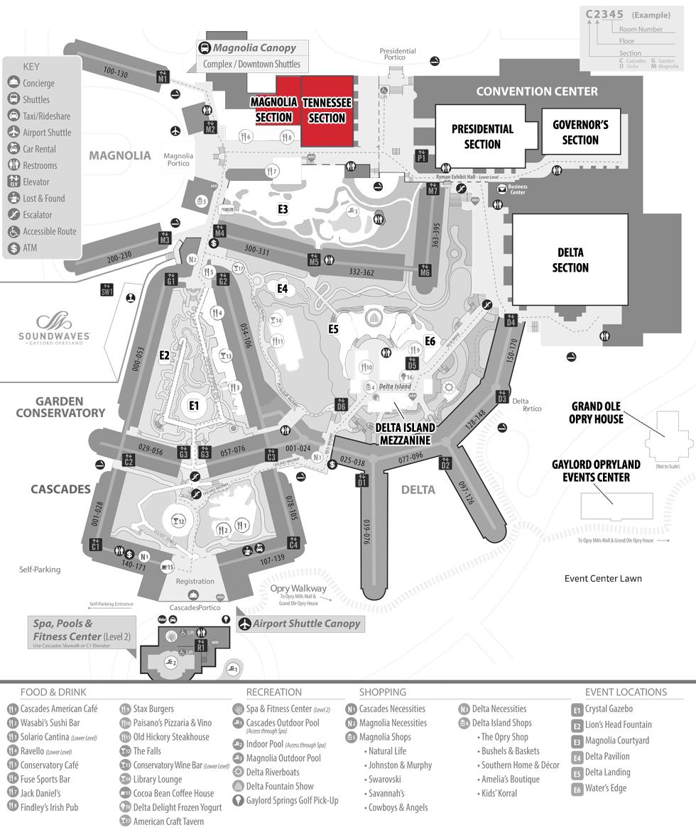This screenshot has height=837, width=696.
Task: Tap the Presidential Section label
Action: click(x=482, y=136)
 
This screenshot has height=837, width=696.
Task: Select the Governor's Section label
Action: click(x=580, y=132)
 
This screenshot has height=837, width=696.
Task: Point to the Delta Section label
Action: click(x=570, y=260)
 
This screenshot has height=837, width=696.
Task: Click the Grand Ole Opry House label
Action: click(x=597, y=412)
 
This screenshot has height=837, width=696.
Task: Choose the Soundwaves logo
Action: click(x=54, y=330)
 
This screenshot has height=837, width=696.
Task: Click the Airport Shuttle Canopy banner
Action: click(x=306, y=623)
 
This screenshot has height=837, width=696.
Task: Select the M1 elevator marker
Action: click(x=163, y=77)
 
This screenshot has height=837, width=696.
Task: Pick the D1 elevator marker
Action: click(x=362, y=482)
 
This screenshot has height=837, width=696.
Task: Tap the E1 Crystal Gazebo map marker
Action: click(x=193, y=405)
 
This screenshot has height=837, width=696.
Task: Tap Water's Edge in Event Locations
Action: click(x=605, y=788)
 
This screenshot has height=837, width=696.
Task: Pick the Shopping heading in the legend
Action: click(x=382, y=692)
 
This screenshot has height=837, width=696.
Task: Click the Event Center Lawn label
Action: click(x=603, y=578)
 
